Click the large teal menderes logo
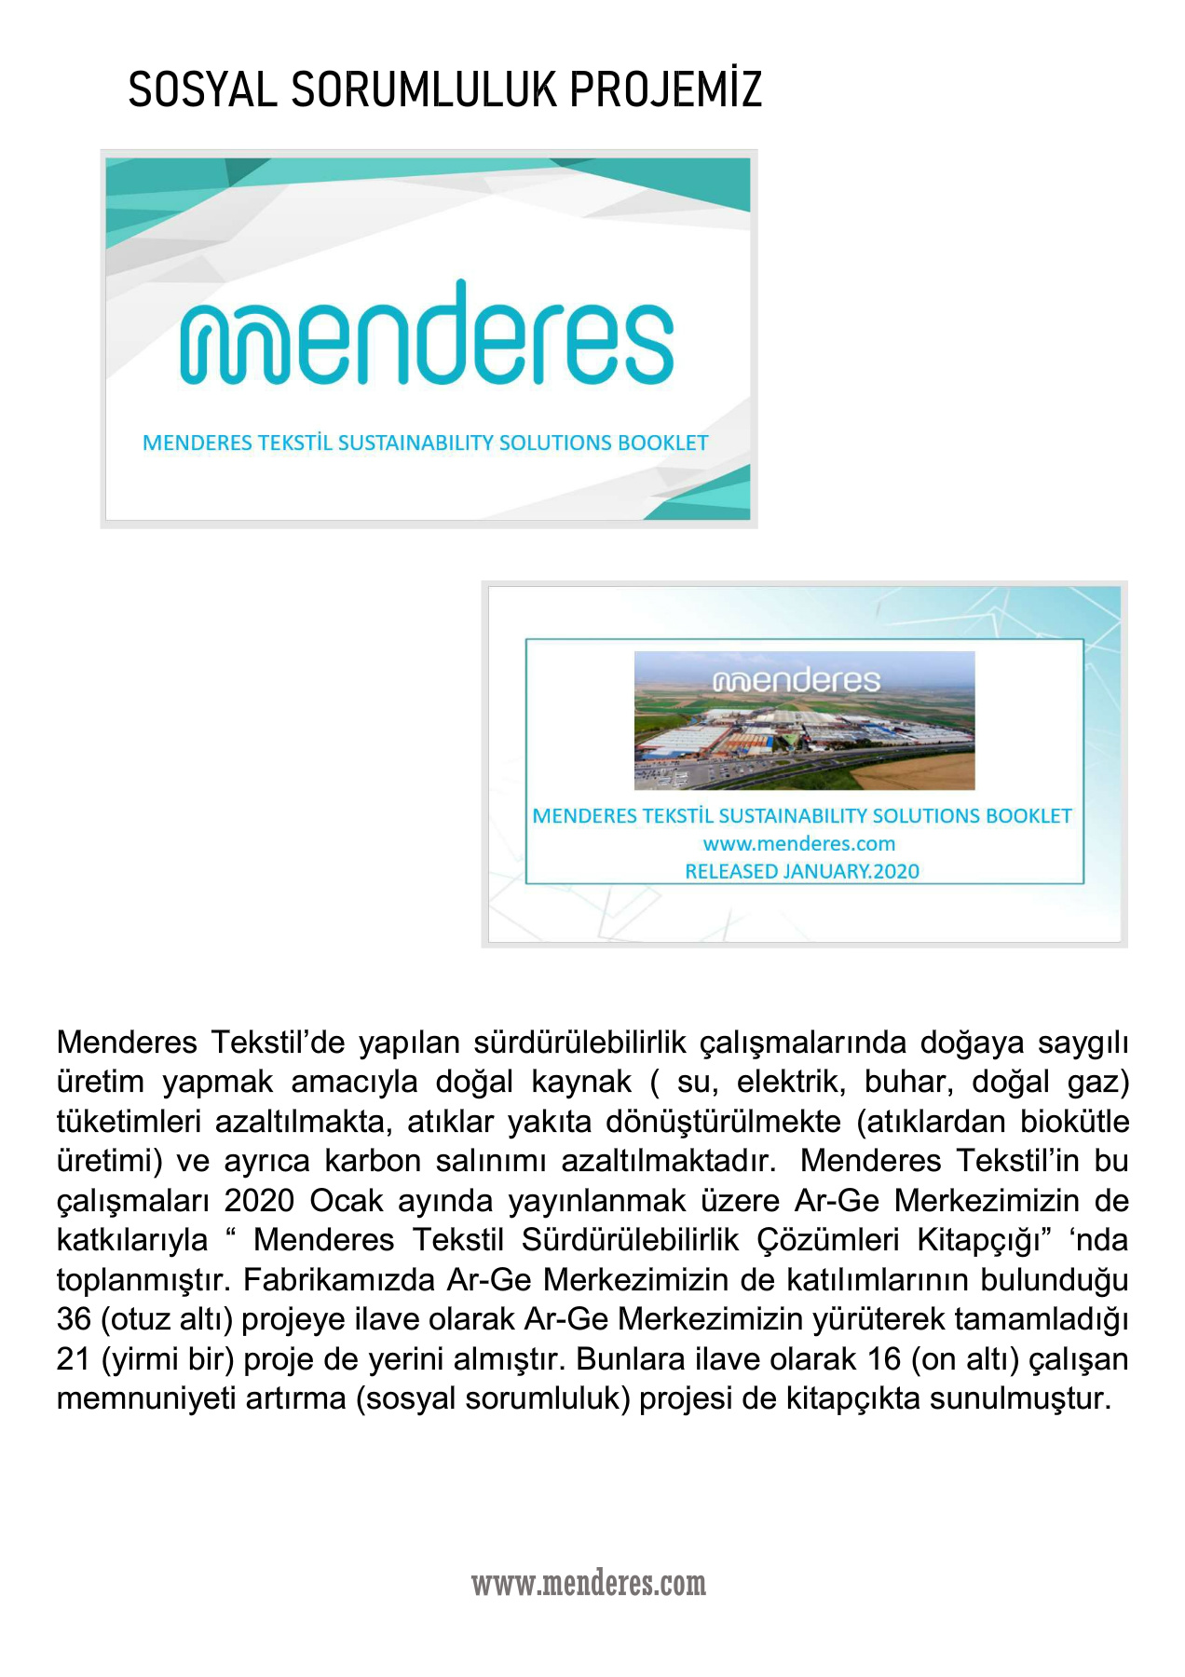[x=427, y=334]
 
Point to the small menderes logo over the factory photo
[x=797, y=680]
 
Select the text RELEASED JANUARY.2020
[x=802, y=871]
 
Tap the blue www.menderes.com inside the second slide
[x=799, y=844]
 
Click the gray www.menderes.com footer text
[x=589, y=1583]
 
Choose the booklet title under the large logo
[x=426, y=443]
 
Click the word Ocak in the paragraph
[x=346, y=1201]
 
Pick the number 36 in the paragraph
[x=74, y=1319]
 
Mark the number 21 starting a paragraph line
[x=74, y=1359]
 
